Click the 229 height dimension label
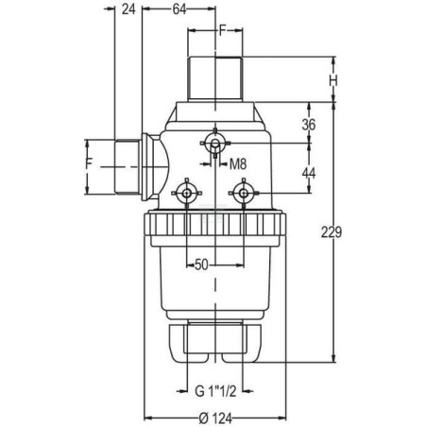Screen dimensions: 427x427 click(332, 232)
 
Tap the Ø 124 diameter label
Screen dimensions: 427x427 click(215, 418)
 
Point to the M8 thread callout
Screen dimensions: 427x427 click(238, 163)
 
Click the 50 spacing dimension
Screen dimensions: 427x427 click(201, 265)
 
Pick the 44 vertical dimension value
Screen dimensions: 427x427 click(309, 173)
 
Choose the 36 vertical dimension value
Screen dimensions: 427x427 click(309, 125)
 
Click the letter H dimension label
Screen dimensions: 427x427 click(333, 81)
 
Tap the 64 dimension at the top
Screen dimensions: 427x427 click(179, 9)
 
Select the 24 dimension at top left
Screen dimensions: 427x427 click(128, 9)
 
